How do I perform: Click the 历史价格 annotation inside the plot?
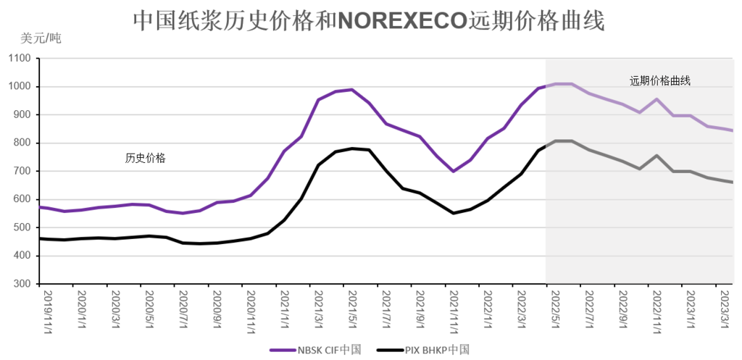145,158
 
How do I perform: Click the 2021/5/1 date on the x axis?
353,309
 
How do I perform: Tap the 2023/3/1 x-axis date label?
725,309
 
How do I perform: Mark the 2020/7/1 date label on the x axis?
183,309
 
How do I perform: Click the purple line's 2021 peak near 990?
352,90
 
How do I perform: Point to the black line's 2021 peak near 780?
352,148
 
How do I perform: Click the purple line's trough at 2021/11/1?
454,172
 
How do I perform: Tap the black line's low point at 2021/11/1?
454,213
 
